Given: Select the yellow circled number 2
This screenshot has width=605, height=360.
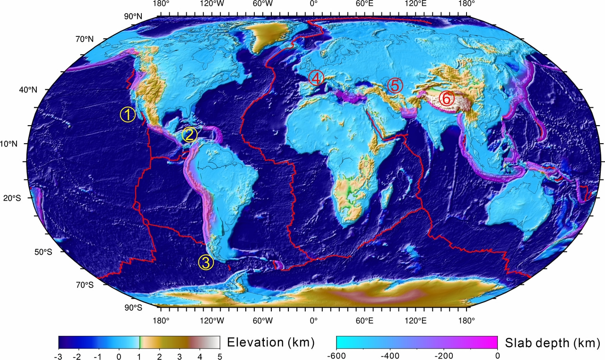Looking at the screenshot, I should [189, 135].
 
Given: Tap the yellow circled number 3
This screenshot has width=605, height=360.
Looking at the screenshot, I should [206, 262].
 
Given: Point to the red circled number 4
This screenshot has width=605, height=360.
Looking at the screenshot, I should [316, 78].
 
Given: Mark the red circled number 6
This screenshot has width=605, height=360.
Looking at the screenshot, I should [446, 98].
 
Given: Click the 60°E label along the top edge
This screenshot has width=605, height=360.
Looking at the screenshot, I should [365, 4].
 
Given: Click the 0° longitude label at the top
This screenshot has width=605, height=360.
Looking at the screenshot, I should [313, 4].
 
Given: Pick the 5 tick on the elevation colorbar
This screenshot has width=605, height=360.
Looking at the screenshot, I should [219, 357].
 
